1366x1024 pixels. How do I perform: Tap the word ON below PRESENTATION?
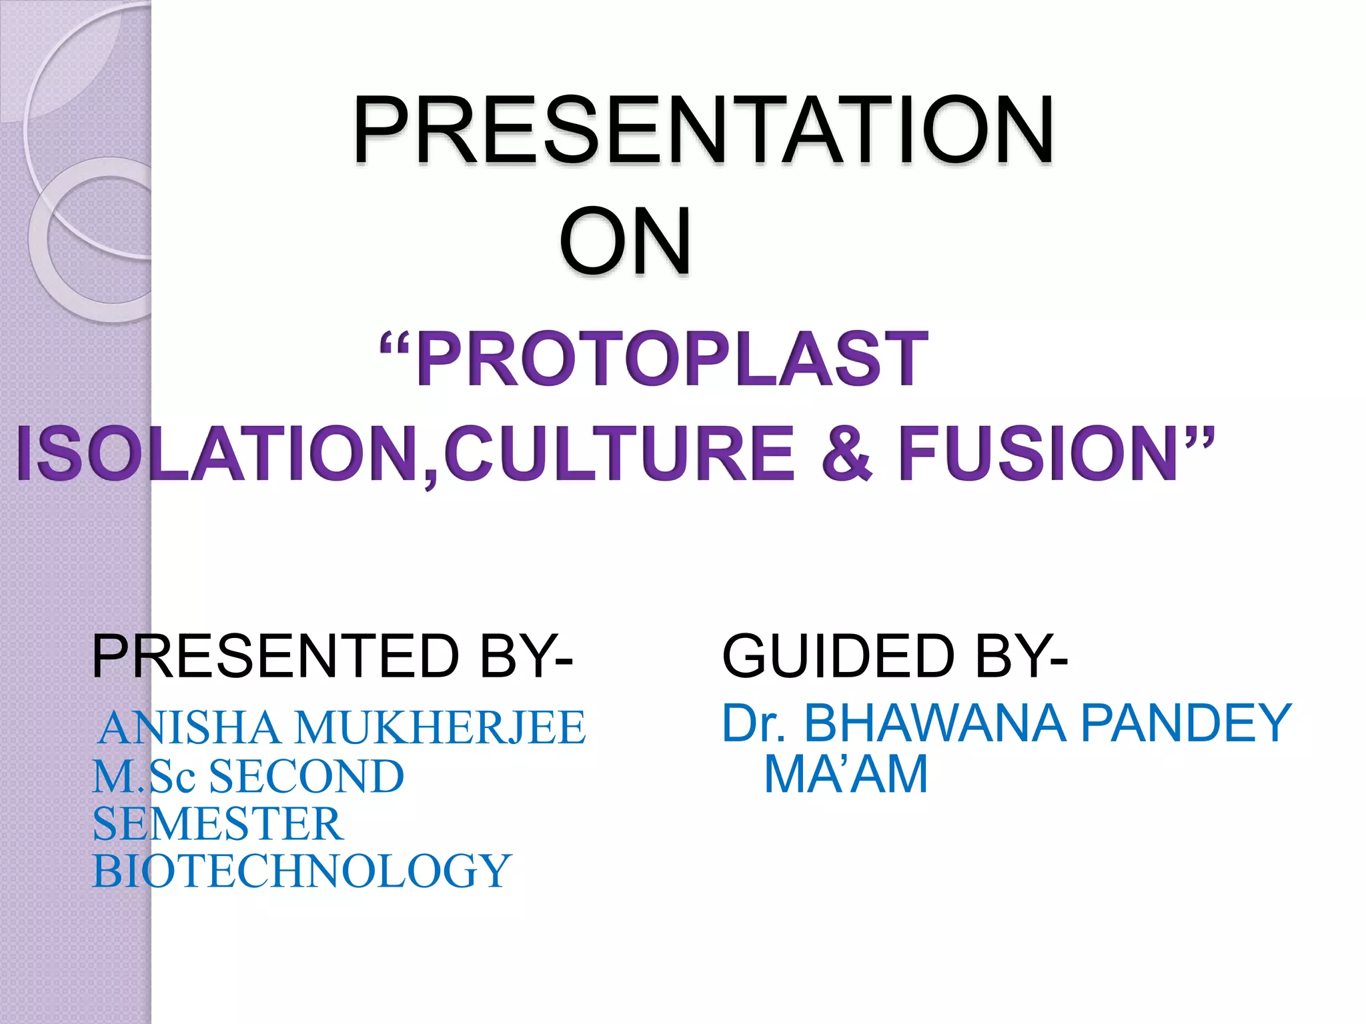coord(625,241)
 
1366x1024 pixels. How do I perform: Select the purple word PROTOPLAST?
coord(672,360)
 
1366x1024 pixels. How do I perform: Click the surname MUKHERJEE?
coord(440,727)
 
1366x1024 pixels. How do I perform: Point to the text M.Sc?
coord(143,777)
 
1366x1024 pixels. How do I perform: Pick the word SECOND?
coord(307,777)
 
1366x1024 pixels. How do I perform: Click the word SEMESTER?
coord(218,824)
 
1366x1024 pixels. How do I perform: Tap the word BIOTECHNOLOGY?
coord(301,871)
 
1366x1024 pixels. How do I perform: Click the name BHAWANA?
coord(934,723)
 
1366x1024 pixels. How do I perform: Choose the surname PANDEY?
coord(1186,723)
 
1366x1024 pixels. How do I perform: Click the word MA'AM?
coord(846,775)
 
